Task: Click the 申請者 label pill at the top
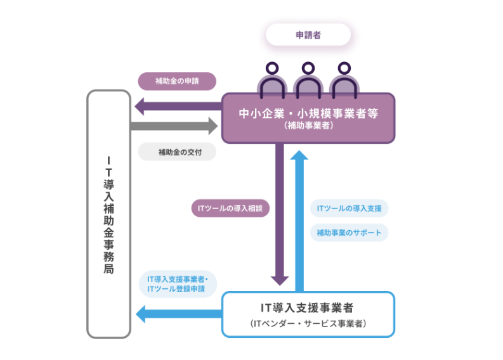click(308, 35)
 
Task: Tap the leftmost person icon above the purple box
click(272, 79)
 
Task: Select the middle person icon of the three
click(308, 79)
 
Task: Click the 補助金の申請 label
click(177, 81)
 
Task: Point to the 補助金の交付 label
click(177, 152)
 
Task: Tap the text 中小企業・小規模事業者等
click(308, 113)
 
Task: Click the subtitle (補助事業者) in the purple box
click(308, 127)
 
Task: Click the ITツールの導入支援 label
click(349, 208)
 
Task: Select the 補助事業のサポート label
click(349, 233)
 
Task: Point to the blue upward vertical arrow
click(301, 215)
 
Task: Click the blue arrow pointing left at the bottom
click(178, 312)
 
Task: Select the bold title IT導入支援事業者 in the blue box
click(308, 307)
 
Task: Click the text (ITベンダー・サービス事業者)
click(308, 324)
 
